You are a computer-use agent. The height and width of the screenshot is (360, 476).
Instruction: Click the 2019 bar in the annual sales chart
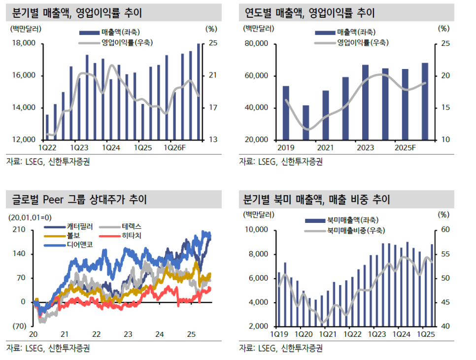pyautogui.click(x=286, y=113)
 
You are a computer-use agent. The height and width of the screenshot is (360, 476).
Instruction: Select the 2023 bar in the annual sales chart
pyautogui.click(x=365, y=103)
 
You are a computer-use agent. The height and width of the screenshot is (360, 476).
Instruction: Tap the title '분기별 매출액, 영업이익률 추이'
pyautogui.click(x=77, y=13)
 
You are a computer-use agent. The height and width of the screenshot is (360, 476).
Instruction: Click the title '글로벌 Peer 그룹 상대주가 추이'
pyautogui.click(x=79, y=199)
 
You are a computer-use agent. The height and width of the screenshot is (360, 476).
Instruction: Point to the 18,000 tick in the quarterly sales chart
pyautogui.click(x=24, y=43)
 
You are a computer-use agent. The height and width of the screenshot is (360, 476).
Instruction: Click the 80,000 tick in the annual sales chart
pyautogui.click(x=257, y=43)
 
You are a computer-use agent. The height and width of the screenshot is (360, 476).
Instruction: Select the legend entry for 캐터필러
pyautogui.click(x=68, y=227)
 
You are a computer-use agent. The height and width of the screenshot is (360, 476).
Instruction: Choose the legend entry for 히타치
pyautogui.click(x=120, y=236)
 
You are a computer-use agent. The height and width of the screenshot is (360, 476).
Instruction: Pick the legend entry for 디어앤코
pyautogui.click(x=68, y=245)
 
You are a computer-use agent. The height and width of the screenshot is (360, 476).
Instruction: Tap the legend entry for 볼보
pyautogui.click(x=62, y=236)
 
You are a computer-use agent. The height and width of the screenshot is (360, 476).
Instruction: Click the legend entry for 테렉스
pyautogui.click(x=120, y=227)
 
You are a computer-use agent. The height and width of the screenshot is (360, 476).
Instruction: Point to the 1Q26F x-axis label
pyautogui.click(x=174, y=148)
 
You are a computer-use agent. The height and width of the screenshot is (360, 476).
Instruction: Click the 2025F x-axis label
pyautogui.click(x=405, y=148)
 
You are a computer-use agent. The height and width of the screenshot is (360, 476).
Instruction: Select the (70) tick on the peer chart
pyautogui.click(x=19, y=326)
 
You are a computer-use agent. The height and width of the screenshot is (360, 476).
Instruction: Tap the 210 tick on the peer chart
pyautogui.click(x=19, y=230)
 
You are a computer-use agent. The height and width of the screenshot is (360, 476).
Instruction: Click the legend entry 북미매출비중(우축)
pyautogui.click(x=345, y=231)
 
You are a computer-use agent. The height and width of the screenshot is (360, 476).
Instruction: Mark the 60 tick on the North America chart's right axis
pyautogui.click(x=445, y=230)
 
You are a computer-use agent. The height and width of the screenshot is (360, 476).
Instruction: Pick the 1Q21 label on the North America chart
pyautogui.click(x=328, y=334)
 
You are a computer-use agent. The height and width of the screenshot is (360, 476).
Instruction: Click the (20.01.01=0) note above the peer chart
pyautogui.click(x=30, y=217)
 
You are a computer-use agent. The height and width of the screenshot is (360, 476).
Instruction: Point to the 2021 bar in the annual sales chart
pyautogui.click(x=325, y=115)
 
